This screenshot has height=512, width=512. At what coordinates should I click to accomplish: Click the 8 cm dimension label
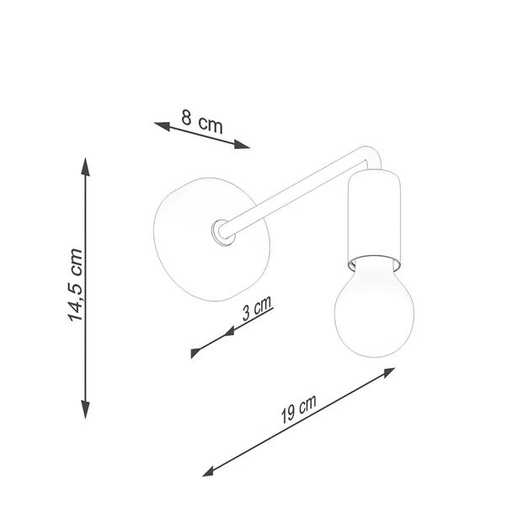[x=202, y=122]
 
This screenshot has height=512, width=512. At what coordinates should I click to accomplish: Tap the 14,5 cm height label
[x=75, y=285]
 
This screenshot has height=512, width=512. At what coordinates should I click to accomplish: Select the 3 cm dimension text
[x=257, y=308]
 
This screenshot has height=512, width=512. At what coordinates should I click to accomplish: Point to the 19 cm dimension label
[x=298, y=408]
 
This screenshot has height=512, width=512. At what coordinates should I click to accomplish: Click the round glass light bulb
[x=375, y=307]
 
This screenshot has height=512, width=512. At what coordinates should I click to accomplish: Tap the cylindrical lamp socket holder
[x=374, y=221]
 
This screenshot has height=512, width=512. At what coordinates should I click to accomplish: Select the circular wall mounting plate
[x=211, y=239]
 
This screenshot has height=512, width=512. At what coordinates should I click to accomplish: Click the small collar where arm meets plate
[x=222, y=232]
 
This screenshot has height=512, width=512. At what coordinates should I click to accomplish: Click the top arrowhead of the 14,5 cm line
[x=86, y=167]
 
